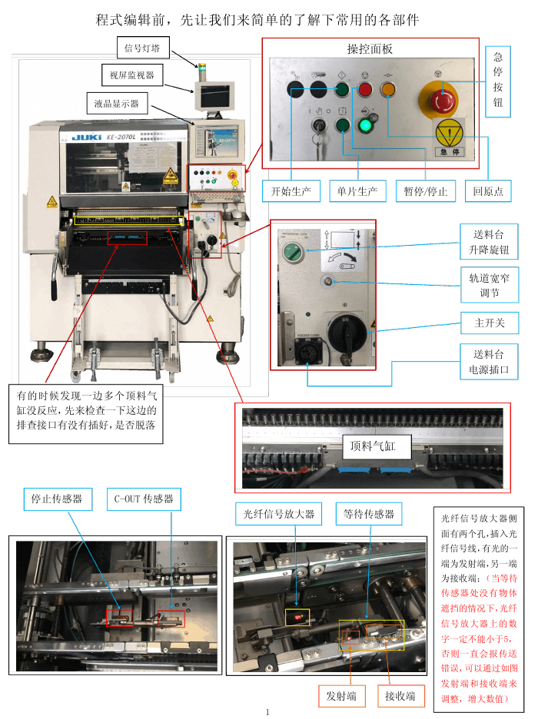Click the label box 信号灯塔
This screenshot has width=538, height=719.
coord(143,48)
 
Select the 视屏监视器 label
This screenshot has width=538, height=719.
coord(132,75)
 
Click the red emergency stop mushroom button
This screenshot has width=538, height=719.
coord(442,100)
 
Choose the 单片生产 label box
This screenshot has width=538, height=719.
coord(357,191)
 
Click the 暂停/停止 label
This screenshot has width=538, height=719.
coord(426,191)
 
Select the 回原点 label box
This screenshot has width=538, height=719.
coord(488,191)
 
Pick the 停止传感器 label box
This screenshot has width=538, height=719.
coord(57,499)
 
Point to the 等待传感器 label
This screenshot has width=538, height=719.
coord(369,514)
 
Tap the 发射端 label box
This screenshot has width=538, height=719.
coord(341,696)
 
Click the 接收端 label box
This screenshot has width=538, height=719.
coord(400,696)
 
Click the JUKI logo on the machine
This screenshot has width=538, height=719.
coord(83,138)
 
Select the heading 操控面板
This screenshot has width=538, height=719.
coord(370,49)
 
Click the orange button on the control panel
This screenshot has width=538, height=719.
coord(387,90)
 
